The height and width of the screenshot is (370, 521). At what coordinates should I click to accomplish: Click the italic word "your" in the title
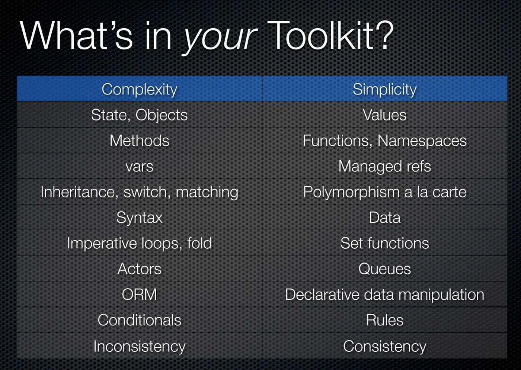click(x=220, y=37)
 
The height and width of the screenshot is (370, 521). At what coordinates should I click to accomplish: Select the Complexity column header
click(x=140, y=89)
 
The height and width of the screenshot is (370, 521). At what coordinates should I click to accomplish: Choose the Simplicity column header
click(x=384, y=89)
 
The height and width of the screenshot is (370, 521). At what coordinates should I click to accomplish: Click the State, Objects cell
click(x=140, y=115)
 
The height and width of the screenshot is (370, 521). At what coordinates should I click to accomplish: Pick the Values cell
click(x=384, y=115)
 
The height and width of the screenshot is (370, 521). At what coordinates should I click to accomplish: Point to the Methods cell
click(x=140, y=141)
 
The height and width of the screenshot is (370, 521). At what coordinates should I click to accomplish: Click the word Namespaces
click(x=422, y=141)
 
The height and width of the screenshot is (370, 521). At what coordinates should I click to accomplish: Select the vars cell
click(x=140, y=167)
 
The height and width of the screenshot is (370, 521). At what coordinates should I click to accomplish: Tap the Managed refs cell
click(x=384, y=167)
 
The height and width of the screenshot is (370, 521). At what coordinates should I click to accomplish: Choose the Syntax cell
click(x=140, y=218)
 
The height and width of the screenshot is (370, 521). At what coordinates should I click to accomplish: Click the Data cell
click(x=384, y=218)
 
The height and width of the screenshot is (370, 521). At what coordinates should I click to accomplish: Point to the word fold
click(x=199, y=244)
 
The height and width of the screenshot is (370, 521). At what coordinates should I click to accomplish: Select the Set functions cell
click(x=384, y=244)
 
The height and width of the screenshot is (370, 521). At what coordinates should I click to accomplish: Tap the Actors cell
click(x=140, y=269)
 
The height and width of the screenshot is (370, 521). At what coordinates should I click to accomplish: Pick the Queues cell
click(x=384, y=269)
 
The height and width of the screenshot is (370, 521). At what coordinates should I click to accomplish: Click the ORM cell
click(x=140, y=295)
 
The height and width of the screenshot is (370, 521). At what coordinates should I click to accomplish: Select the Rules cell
click(x=384, y=321)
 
